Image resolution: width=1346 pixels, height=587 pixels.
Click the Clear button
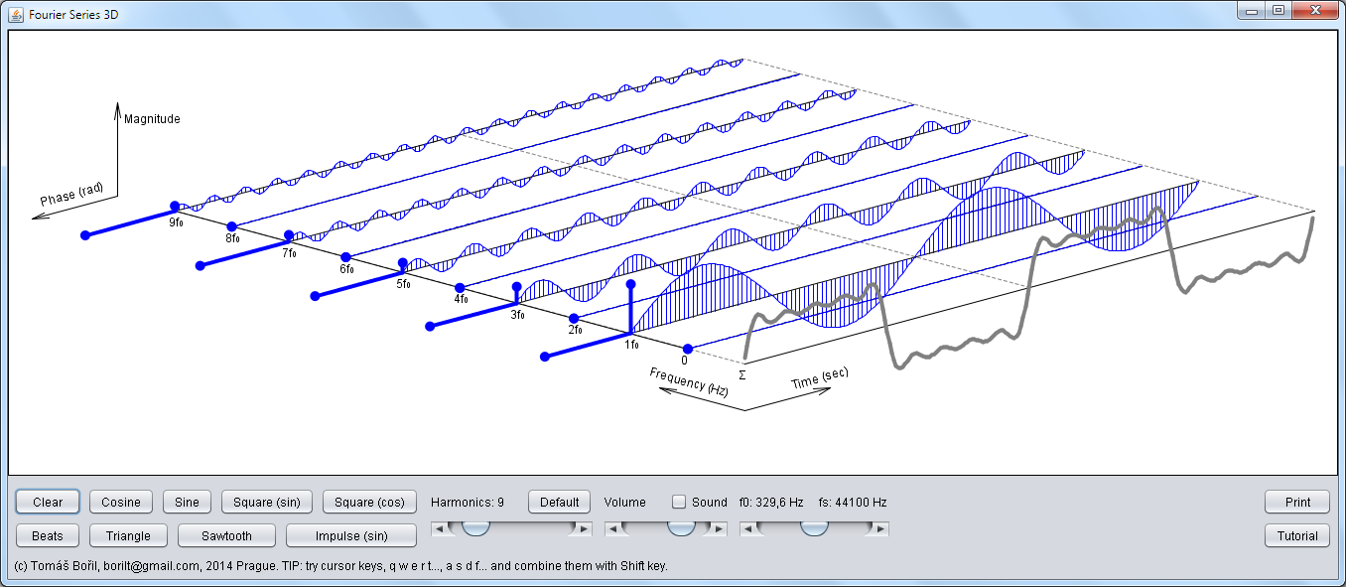click(x=48, y=502)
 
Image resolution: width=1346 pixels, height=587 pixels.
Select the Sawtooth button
click(x=226, y=535)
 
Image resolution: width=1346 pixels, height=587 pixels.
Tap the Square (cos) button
click(x=369, y=502)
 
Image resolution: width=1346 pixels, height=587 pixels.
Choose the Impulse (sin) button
click(x=351, y=535)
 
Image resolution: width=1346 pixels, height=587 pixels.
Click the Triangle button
click(x=128, y=535)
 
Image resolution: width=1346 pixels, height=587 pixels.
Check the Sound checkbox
click(x=678, y=502)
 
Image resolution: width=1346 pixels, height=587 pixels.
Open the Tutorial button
click(x=1297, y=535)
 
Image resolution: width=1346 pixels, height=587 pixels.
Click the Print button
click(x=1297, y=502)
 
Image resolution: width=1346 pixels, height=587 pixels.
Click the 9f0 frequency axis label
click(x=176, y=222)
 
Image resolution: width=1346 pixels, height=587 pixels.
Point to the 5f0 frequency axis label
click(x=403, y=284)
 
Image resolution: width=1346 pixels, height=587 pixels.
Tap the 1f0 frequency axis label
click(x=631, y=345)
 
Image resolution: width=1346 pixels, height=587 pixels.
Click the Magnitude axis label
click(x=152, y=119)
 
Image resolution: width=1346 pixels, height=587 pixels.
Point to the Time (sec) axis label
click(x=820, y=378)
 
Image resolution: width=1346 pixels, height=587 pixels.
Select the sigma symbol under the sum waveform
click(x=742, y=375)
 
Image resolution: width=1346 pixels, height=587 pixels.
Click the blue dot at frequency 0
click(x=688, y=349)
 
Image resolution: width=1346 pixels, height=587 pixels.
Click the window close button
click(x=1315, y=10)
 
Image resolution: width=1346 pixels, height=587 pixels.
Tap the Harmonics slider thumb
click(x=475, y=528)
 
